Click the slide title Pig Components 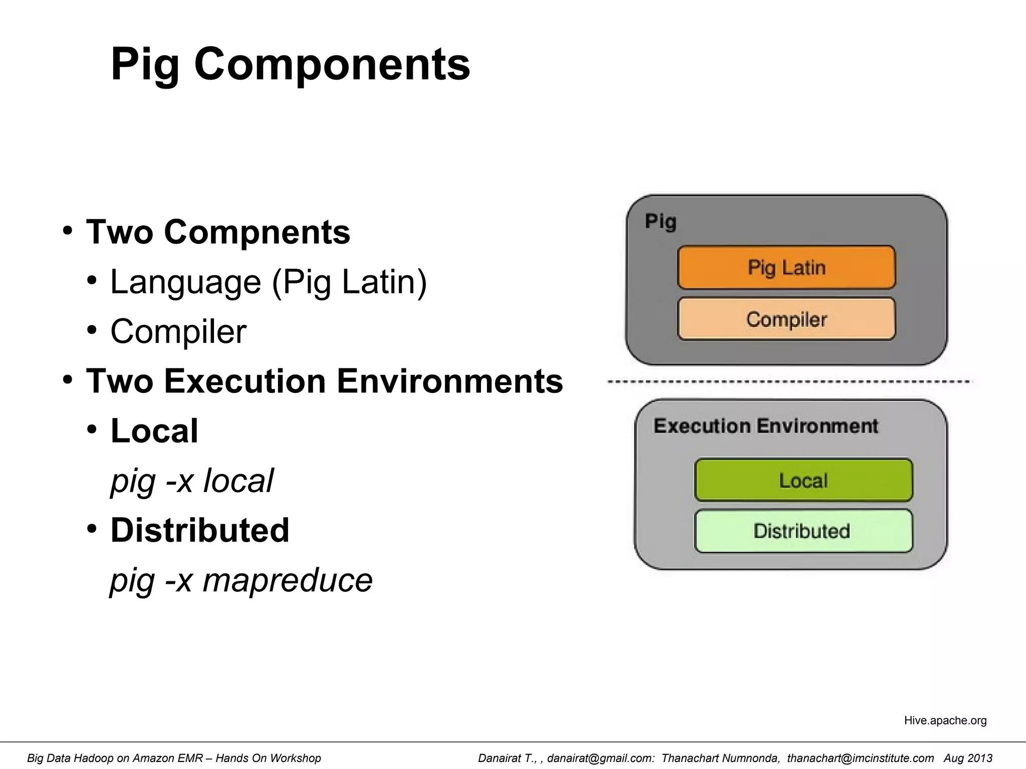tap(290, 64)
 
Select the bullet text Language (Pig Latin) tap(269, 282)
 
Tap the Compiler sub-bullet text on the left tap(178, 331)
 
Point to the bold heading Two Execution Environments tap(325, 381)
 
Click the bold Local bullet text tap(154, 431)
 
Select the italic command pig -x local tap(192, 481)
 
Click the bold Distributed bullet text tap(200, 530)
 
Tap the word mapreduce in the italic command tap(288, 580)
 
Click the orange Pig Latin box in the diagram tap(787, 267)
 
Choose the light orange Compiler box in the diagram tap(787, 319)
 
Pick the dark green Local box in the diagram tap(804, 480)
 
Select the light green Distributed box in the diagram tap(804, 531)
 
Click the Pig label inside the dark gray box tap(660, 221)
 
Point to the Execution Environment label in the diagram tap(765, 426)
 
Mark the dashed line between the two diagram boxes tap(790, 382)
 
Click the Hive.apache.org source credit tap(945, 720)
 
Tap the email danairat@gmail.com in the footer tap(601, 758)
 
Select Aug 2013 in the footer tap(968, 758)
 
